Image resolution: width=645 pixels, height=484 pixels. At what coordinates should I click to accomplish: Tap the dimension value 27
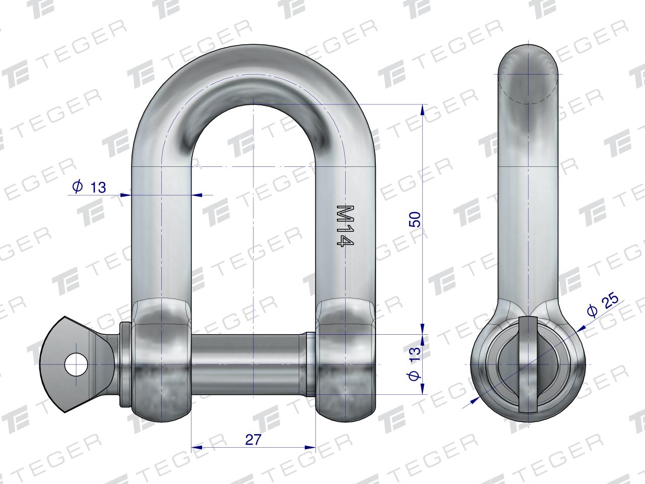tap(253, 440)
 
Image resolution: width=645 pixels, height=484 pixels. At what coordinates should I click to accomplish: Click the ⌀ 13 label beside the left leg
tap(89, 187)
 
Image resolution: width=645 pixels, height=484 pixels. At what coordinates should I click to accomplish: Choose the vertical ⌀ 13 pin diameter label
tap(415, 364)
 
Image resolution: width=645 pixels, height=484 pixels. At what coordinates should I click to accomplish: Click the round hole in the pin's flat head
tap(76, 364)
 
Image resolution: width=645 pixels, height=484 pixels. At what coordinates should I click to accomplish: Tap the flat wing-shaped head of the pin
tap(78, 364)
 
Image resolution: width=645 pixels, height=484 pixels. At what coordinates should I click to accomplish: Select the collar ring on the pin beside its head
tap(125, 365)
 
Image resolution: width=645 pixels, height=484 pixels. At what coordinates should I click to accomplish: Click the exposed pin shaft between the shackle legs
tap(250, 364)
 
